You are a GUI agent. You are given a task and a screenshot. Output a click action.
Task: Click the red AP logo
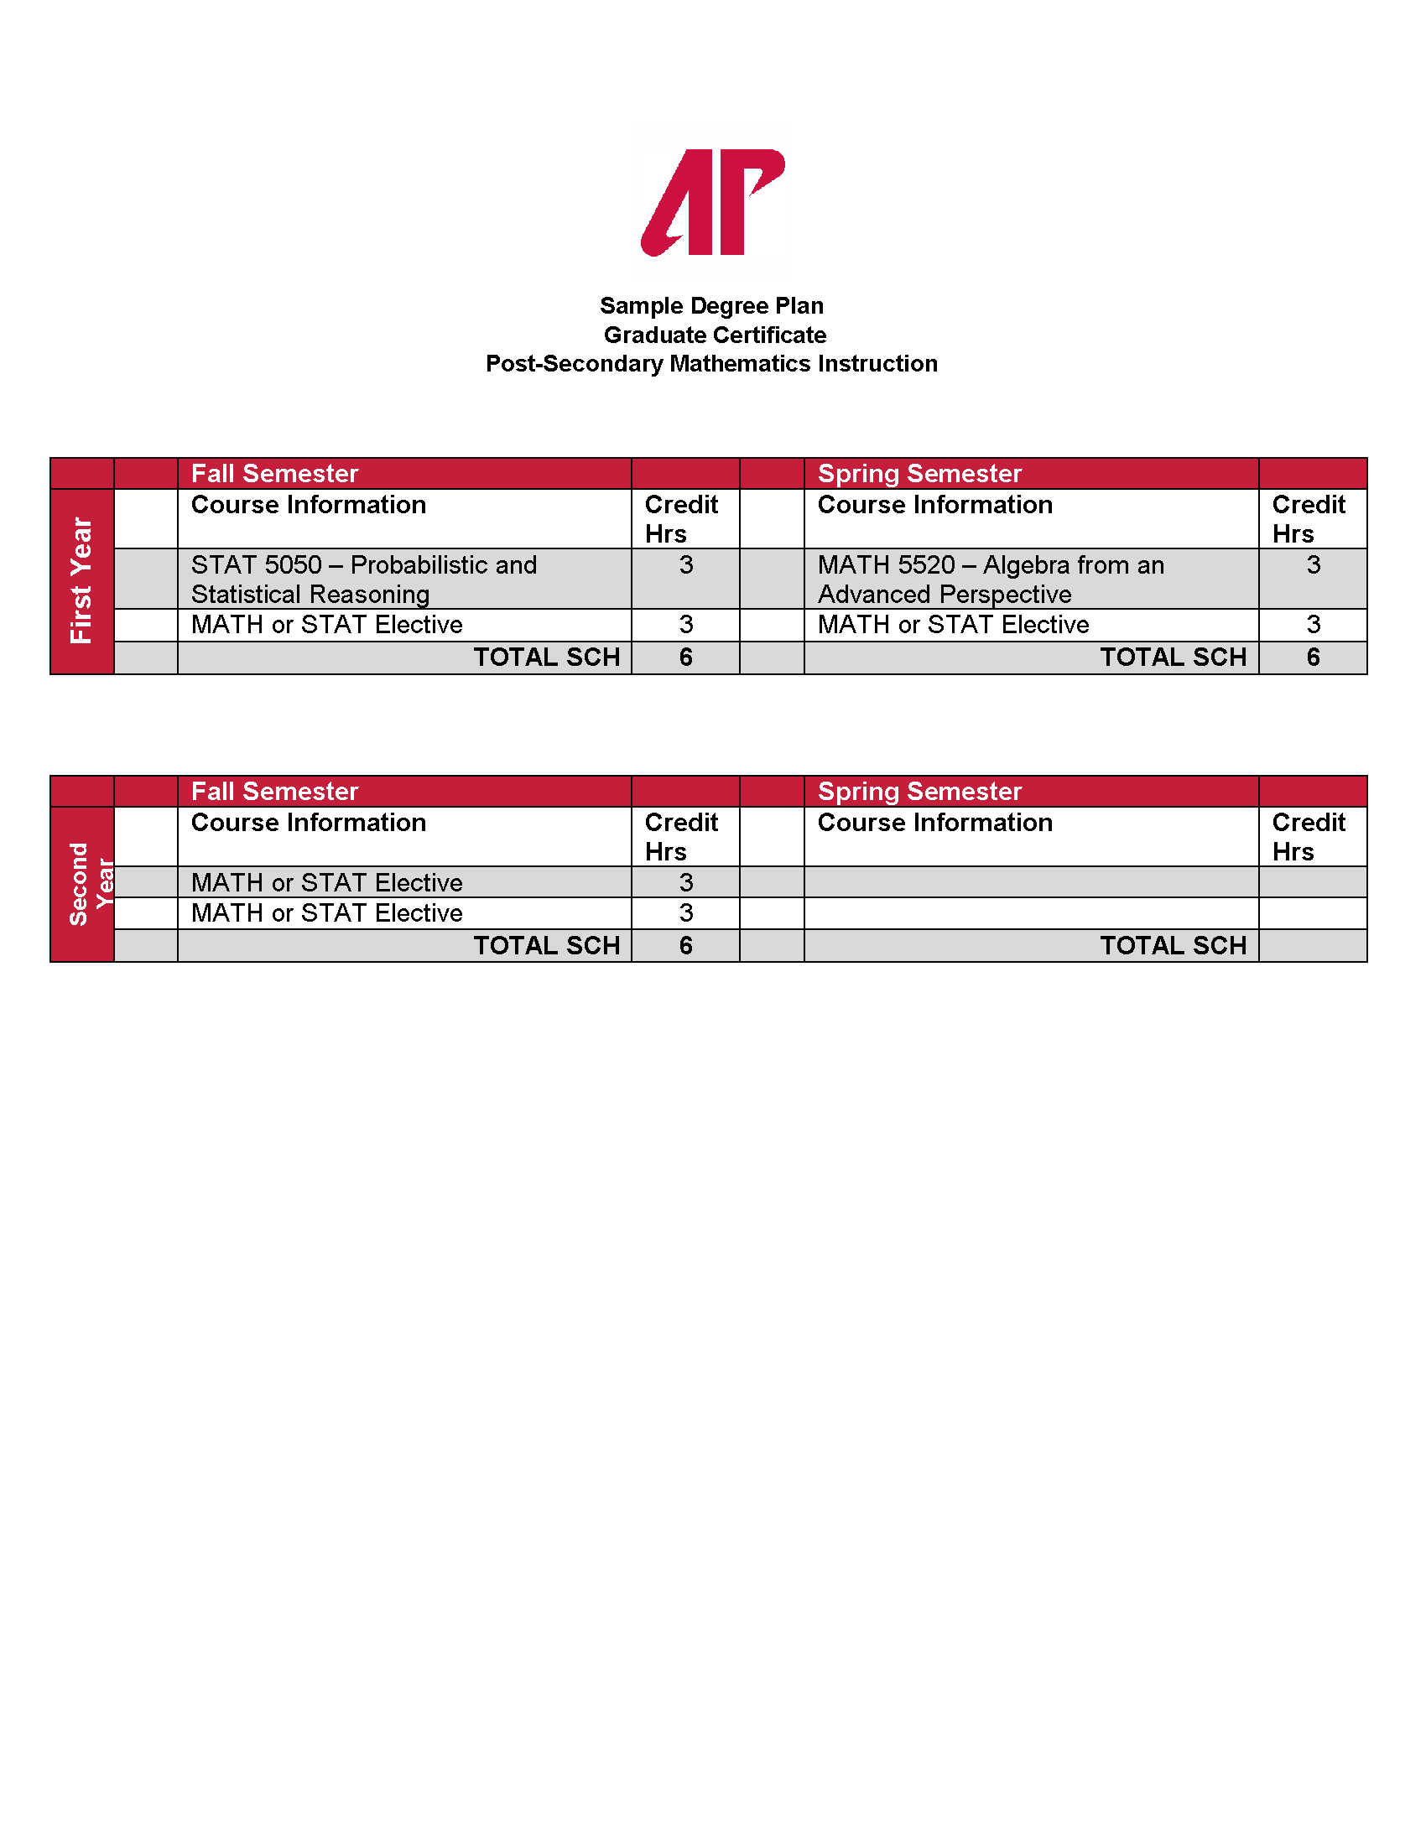coord(712,202)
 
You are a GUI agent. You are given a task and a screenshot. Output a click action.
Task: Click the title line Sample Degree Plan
coord(711,306)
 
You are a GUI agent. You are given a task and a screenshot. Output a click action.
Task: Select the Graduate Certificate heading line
coord(715,335)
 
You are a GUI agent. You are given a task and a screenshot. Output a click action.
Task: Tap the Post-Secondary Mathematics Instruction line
coord(711,364)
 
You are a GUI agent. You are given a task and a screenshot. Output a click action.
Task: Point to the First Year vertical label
coord(82,581)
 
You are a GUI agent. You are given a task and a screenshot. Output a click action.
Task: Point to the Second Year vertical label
coord(89,884)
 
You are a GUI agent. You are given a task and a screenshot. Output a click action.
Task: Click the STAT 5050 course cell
coord(363,579)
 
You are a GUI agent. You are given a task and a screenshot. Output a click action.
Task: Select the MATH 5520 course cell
coord(990,579)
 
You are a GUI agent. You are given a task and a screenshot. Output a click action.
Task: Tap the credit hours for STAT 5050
coord(685,565)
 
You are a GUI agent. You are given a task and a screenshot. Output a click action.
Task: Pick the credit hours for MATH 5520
coord(1313,565)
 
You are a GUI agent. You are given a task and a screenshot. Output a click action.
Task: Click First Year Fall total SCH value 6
coord(685,657)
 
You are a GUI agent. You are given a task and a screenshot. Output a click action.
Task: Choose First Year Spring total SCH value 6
coord(1313,657)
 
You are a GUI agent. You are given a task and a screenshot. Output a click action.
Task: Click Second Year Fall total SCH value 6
coord(685,945)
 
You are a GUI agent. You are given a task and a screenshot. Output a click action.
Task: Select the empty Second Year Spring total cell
coord(1313,945)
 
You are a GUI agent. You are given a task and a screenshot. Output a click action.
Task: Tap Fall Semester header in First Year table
coord(274,474)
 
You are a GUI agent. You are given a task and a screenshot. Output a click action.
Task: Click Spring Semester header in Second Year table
coord(919,792)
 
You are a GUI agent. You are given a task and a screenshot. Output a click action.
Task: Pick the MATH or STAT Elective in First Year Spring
coord(953,625)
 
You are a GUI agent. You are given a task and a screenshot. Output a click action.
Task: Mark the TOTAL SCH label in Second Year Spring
coord(1173,945)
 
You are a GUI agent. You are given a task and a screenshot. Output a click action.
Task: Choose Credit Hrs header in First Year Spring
coord(1308,518)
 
